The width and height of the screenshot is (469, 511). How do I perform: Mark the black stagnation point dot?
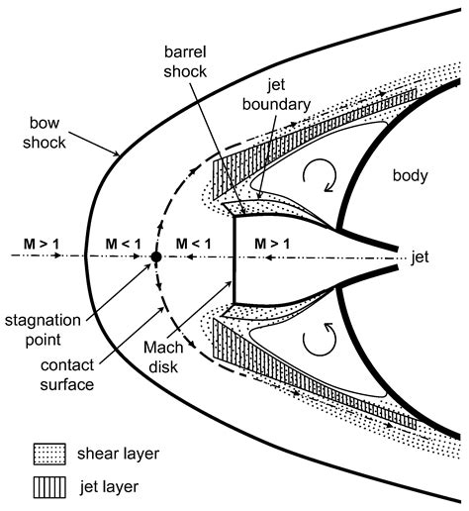(155, 257)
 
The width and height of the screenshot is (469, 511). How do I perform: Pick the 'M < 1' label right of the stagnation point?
(194, 244)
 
